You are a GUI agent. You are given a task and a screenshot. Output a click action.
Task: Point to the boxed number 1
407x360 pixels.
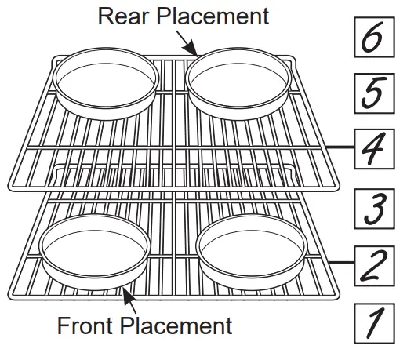coord(374,323)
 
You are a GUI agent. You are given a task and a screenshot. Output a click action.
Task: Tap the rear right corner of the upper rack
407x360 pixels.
coord(292,59)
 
